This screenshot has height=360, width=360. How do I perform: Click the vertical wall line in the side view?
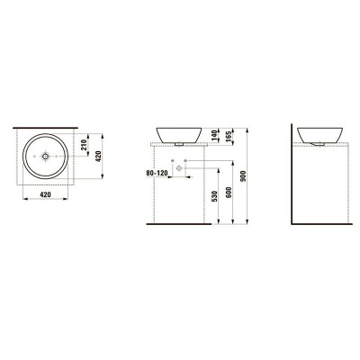coord(299,180)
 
